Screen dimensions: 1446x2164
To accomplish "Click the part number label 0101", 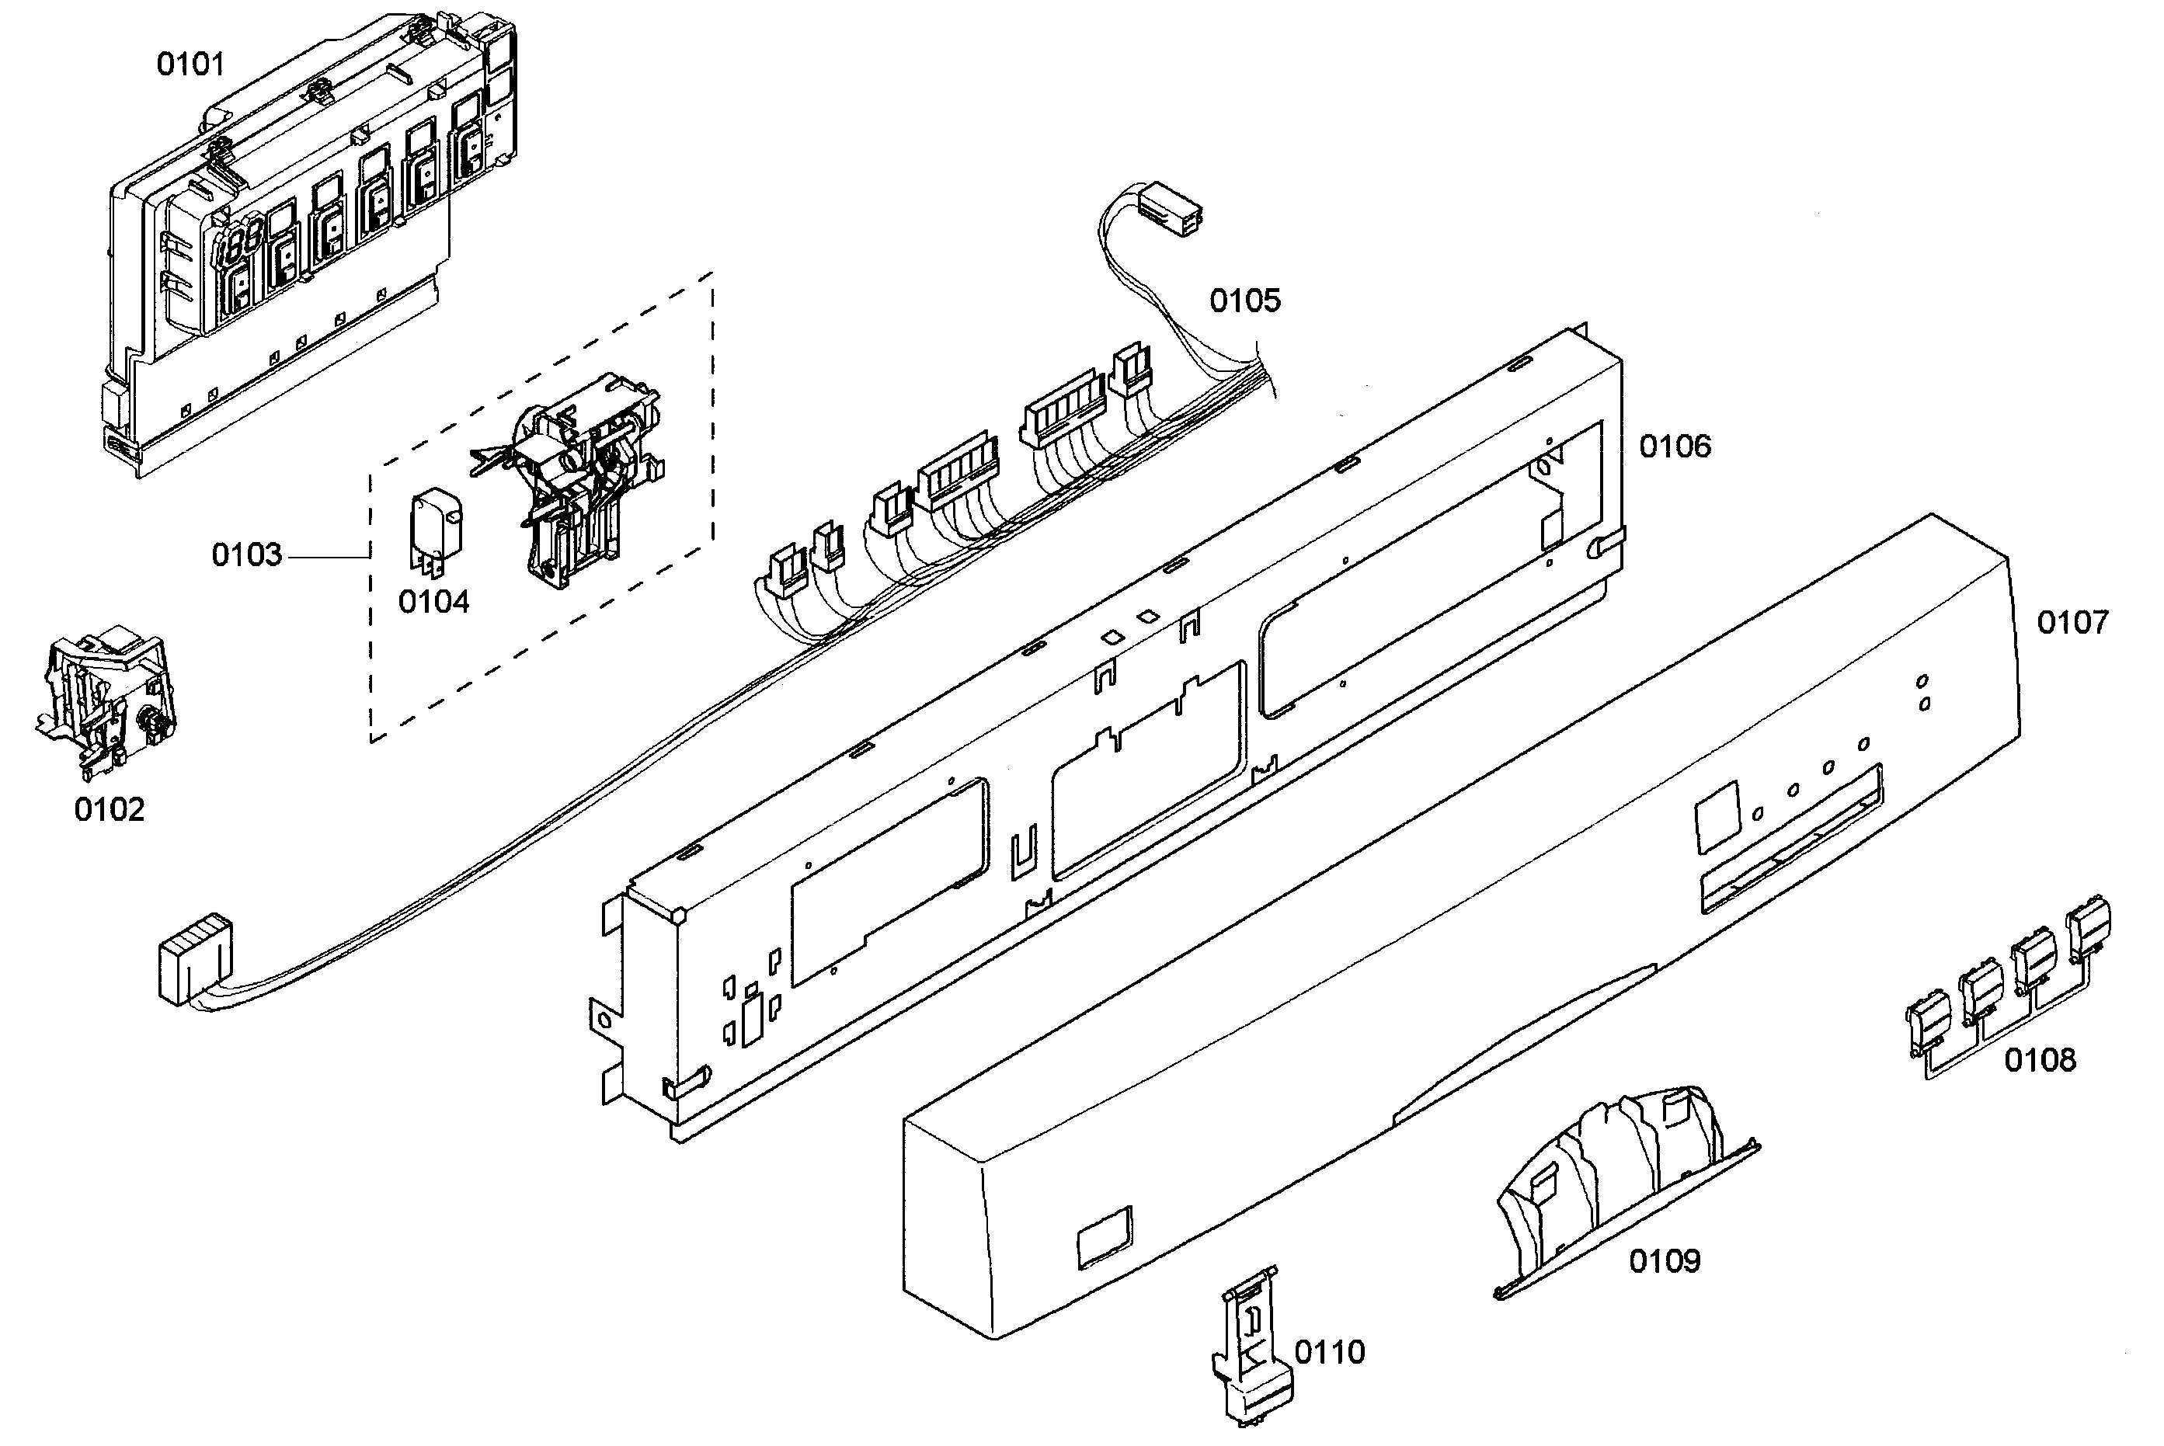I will coord(190,64).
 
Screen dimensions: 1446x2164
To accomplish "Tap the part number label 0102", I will coord(109,810).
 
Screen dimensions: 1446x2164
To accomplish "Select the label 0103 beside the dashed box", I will coord(246,555).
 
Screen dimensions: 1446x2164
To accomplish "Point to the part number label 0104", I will coord(433,602).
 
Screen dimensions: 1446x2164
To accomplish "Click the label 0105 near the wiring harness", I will coord(1245,301).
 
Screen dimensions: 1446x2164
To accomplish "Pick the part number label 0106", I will coord(1674,447).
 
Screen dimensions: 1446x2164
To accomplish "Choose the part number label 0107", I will coord(2072,623).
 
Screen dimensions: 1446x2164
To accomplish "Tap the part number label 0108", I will coord(2040,1061).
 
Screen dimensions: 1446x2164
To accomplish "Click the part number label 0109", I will coord(1664,1260).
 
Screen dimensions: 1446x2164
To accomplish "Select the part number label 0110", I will coord(1329,1353).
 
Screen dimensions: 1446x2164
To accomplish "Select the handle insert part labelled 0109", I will coord(1623,1190).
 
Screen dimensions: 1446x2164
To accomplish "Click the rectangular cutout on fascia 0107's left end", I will coord(1105,1235).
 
